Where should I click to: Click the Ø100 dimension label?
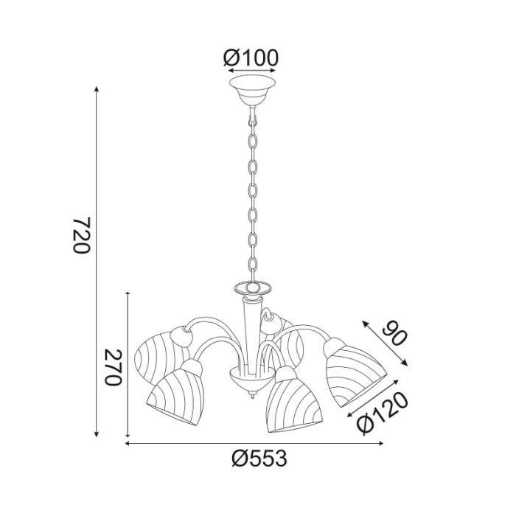(251, 56)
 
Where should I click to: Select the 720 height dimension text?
(80, 235)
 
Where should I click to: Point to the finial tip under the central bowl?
(253, 397)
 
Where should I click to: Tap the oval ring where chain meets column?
(252, 287)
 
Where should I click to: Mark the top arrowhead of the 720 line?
(97, 88)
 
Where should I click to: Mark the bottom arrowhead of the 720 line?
(97, 437)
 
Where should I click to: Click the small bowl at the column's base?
(247, 380)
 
